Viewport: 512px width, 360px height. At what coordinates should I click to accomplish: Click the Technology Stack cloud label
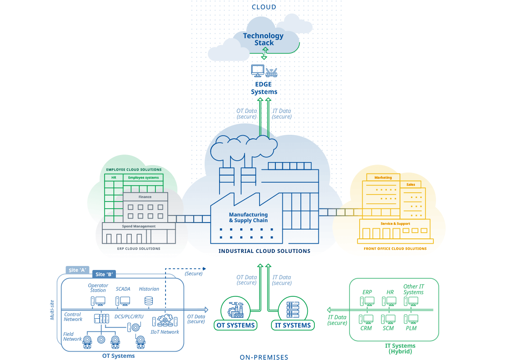pos(263,39)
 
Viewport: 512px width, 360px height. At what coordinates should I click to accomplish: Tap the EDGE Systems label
pos(264,88)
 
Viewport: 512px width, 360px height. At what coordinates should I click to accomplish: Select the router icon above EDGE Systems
pos(272,72)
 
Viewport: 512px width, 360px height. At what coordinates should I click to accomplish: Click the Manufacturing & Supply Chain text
pos(248,218)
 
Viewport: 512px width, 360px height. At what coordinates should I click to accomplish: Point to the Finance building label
pos(145,197)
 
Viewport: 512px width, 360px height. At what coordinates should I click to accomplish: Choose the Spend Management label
pos(139,227)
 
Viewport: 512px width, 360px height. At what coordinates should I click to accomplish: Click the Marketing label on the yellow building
pos(383,178)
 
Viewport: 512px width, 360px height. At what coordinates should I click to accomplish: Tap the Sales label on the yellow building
pos(411,185)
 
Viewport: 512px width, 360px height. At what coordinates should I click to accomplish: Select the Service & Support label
pos(395,223)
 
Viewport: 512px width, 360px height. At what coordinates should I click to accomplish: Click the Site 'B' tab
pos(104,274)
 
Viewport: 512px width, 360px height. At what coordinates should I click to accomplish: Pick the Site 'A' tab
pos(77,270)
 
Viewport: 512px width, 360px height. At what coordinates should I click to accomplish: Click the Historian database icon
pos(149,301)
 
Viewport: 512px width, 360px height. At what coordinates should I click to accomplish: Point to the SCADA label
pos(123,289)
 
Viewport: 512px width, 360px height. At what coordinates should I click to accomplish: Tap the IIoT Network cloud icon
pos(165,320)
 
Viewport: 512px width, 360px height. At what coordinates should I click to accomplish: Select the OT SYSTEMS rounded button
pos(235,325)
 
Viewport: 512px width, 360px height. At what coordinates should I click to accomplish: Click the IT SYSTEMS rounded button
pos(293,325)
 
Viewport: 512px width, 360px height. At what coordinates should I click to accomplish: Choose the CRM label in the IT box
pos(366,328)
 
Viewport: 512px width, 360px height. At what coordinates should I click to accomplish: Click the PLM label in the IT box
pos(411,328)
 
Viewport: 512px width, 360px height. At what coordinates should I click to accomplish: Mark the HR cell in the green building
pos(114,178)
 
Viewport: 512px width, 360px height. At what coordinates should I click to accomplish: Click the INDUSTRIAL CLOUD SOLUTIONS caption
pos(264,251)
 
